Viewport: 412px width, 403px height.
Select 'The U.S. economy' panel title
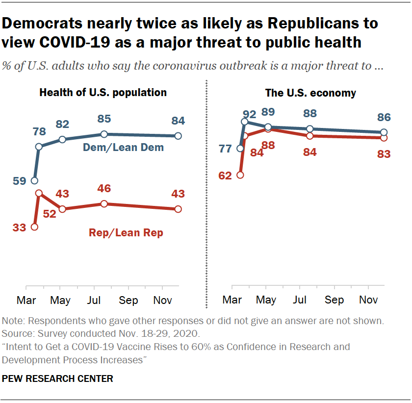[310, 93]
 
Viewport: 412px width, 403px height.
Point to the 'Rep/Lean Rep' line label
[126, 233]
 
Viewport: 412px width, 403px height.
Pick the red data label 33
[20, 227]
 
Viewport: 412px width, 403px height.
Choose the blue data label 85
[104, 119]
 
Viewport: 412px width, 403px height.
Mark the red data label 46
[104, 188]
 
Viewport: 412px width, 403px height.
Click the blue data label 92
[250, 115]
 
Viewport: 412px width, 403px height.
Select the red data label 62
[225, 176]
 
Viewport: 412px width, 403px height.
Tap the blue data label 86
[384, 118]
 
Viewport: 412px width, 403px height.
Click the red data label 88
[267, 145]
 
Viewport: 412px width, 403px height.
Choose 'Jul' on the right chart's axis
[300, 300]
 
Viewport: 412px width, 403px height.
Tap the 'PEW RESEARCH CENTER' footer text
[57, 378]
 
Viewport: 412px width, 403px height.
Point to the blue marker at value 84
[178, 136]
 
